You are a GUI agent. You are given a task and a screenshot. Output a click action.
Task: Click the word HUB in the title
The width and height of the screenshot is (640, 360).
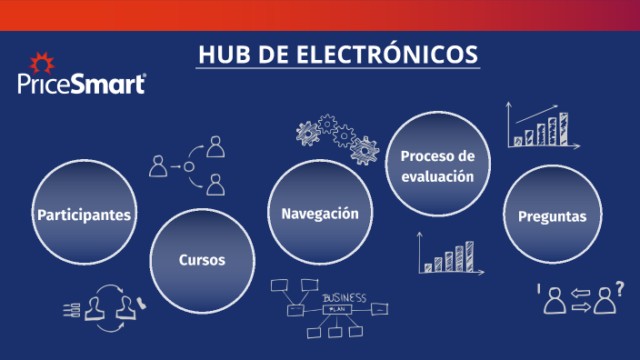click(225, 55)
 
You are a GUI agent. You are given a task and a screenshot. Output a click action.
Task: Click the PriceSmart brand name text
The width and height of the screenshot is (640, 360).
click(82, 85)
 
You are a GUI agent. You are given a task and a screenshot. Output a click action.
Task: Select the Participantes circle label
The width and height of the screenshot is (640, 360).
click(85, 215)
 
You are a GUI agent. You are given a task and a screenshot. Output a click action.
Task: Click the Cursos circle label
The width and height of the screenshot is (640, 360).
click(202, 260)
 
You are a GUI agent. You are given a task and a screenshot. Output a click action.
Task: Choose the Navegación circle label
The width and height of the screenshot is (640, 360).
click(319, 214)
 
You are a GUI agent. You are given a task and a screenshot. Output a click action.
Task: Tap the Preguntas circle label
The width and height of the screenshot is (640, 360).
click(552, 216)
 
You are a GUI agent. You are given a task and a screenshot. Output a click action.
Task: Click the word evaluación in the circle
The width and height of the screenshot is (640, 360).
click(438, 176)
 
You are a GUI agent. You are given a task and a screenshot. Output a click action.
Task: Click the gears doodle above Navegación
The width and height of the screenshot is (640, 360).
click(336, 136)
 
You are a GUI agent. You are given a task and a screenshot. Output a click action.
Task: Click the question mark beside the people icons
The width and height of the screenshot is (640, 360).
click(619, 289)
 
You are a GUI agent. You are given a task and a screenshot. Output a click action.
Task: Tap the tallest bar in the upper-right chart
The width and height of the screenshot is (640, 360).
click(563, 128)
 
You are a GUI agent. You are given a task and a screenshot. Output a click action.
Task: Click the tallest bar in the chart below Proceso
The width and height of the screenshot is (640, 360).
click(469, 256)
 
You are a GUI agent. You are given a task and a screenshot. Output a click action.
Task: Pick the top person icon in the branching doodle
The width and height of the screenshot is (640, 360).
click(215, 145)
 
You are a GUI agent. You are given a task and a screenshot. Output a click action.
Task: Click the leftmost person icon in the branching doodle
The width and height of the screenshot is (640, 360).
click(158, 165)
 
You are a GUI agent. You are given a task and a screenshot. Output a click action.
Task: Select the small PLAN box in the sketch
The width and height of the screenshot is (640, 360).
click(337, 310)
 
